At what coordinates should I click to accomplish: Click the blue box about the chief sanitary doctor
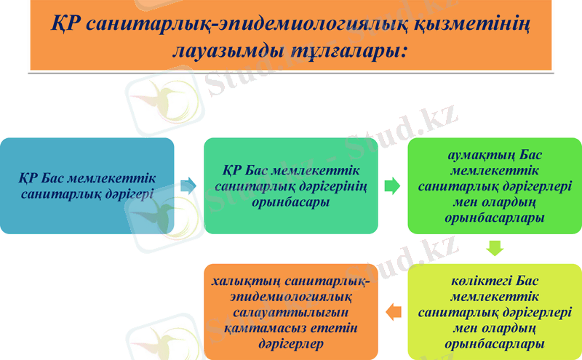87,185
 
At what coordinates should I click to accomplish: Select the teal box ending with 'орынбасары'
291,185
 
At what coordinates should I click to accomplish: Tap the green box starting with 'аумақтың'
495,185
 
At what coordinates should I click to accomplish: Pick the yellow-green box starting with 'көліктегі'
495,311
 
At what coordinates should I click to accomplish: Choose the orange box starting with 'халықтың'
291,311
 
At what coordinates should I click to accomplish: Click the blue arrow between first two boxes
188,185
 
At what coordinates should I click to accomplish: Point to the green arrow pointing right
392,185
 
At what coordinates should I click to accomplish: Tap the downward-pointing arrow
495,249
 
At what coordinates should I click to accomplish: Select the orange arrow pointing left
393,312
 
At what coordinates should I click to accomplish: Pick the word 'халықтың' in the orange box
251,280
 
